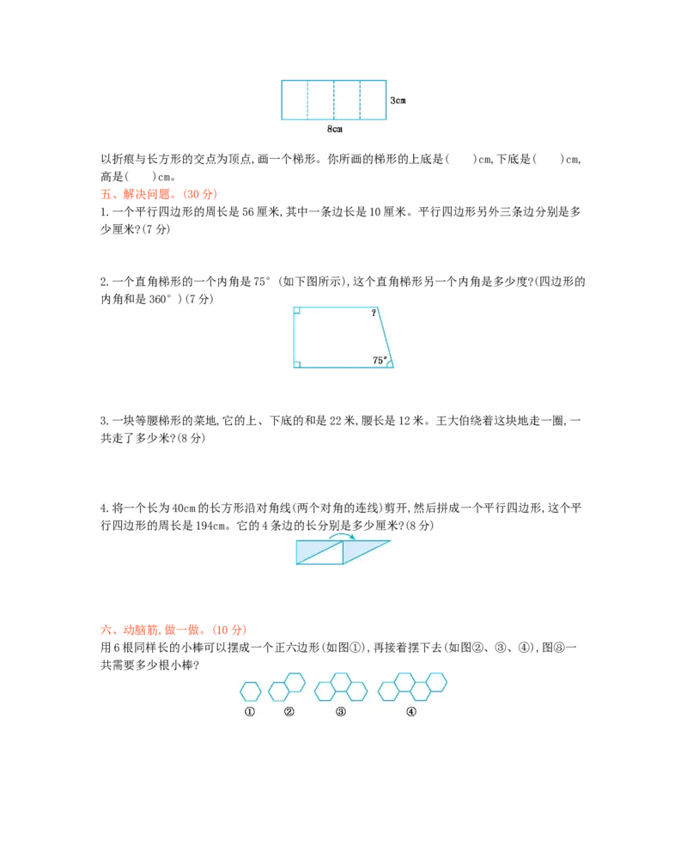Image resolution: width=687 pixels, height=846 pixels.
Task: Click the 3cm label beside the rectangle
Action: click(x=398, y=100)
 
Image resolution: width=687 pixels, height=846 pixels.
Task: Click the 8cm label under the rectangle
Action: click(x=335, y=129)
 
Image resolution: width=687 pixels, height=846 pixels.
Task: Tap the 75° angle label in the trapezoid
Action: click(x=380, y=361)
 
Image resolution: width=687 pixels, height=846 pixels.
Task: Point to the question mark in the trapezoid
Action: click(x=374, y=313)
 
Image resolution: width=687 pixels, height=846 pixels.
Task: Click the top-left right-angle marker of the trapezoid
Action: click(x=296, y=310)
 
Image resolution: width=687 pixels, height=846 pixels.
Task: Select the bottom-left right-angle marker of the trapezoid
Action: click(x=296, y=364)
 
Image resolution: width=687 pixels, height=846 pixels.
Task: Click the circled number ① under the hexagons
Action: click(x=250, y=712)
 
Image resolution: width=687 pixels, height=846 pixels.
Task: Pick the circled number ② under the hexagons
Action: click(x=289, y=712)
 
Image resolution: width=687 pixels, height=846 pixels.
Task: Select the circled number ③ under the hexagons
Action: click(x=341, y=712)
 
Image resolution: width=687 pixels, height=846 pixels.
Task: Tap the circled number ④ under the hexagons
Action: click(x=411, y=712)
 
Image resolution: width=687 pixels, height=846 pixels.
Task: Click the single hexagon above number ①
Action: click(x=250, y=691)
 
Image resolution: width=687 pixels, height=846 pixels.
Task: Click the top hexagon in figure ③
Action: click(x=341, y=681)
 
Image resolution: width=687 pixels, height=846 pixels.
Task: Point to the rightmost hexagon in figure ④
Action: click(x=436, y=681)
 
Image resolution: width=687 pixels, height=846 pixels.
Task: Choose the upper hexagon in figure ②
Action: click(x=295, y=682)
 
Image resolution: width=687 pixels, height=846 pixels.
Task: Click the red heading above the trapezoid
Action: click(x=159, y=195)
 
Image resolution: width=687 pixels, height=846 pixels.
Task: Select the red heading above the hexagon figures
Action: click(x=173, y=630)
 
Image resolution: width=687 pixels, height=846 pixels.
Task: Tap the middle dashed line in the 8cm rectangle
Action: click(x=334, y=100)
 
